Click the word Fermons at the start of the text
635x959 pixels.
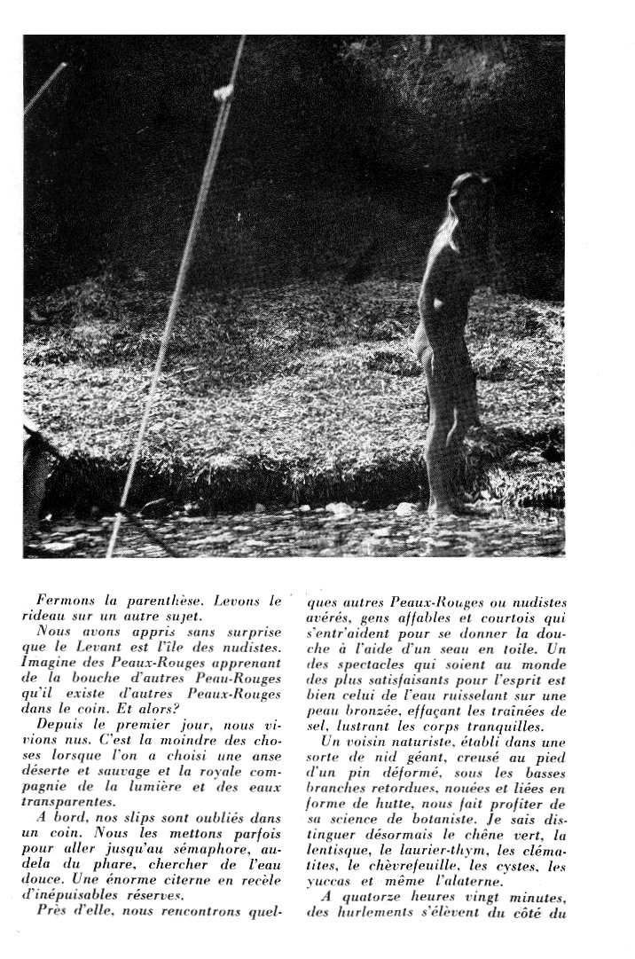click(67, 601)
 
